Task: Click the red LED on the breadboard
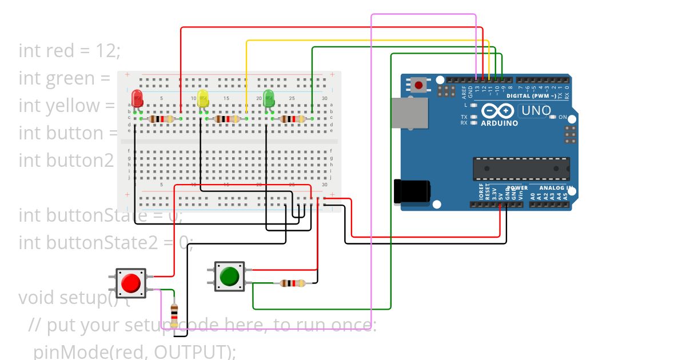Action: (137, 97)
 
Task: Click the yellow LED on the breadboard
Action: (203, 97)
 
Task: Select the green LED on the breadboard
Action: (269, 97)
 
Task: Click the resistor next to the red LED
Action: (162, 119)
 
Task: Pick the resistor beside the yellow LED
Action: (227, 119)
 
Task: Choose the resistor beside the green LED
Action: (293, 119)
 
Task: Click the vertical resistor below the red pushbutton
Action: (174, 314)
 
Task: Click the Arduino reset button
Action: (419, 86)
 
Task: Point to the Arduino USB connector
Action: (409, 112)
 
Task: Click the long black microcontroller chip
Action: (521, 169)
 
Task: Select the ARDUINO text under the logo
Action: (499, 123)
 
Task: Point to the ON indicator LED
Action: (552, 117)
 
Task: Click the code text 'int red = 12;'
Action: (70, 50)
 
